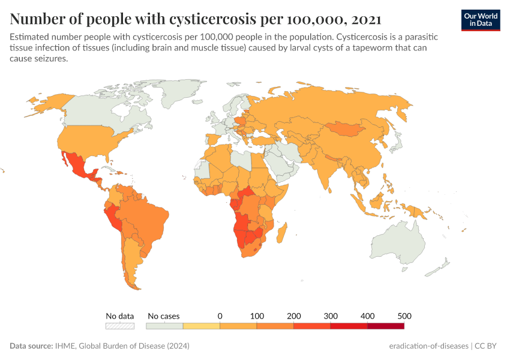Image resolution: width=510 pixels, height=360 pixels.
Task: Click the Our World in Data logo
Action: (480, 20)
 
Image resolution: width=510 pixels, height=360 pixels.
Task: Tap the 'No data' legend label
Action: (120, 316)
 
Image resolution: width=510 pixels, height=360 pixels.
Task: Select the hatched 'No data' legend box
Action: (120, 326)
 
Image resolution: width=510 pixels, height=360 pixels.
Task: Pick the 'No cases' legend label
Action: (163, 316)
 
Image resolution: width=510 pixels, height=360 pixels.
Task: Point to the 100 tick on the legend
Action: (257, 316)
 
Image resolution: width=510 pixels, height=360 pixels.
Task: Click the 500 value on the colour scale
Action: (404, 316)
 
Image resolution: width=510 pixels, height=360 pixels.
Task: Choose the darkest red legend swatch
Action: (385, 326)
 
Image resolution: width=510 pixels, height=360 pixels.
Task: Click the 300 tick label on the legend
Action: (331, 316)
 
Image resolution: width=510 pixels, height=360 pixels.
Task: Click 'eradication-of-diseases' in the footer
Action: (428, 346)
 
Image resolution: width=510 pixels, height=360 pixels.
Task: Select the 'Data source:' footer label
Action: (31, 346)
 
